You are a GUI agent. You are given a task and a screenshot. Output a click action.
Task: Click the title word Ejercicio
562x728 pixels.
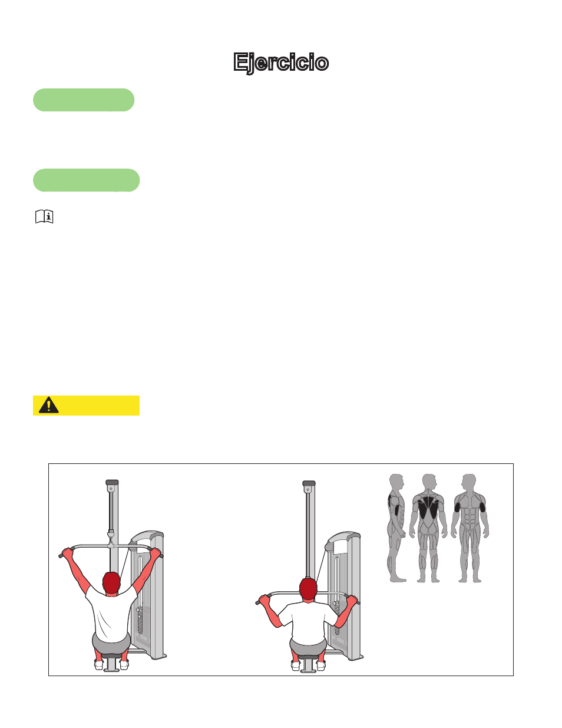281,62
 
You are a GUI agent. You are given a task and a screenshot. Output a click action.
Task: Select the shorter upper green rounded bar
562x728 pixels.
84,100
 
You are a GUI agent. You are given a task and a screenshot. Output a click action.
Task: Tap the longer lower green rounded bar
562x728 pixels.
87,180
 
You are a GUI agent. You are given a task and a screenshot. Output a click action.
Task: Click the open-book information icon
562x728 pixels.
44,216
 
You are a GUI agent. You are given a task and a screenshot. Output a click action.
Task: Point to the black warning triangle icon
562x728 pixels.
49,406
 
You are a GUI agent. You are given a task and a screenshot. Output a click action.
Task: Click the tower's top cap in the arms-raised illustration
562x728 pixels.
112,482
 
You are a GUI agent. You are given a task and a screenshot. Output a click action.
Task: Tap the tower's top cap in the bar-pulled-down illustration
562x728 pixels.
309,483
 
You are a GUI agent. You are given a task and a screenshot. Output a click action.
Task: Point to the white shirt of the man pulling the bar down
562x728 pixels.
308,619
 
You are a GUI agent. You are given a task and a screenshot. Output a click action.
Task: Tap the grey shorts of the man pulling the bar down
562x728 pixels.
308,646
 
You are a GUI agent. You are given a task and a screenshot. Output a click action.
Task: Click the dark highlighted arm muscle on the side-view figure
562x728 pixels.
396,509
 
